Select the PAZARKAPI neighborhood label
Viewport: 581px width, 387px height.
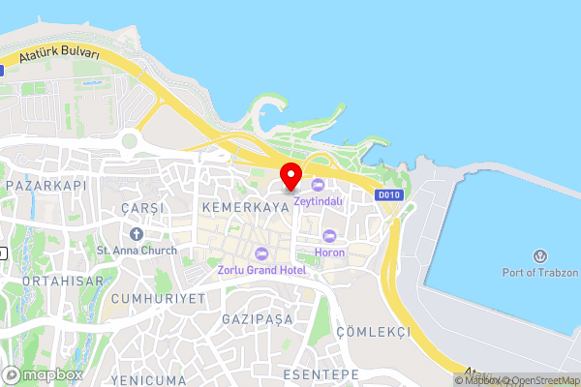coord(46,184)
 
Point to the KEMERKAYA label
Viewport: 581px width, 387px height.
coord(232,207)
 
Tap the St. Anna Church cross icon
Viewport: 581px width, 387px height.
coord(136,234)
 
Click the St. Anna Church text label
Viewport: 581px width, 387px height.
coord(137,251)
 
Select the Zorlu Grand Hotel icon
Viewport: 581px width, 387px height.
coord(260,253)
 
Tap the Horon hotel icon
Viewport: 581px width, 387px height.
coord(329,237)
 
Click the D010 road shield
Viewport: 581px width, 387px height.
coord(389,194)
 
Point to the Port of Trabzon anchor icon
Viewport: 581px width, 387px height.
coord(539,256)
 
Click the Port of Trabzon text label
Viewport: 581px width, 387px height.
coord(539,272)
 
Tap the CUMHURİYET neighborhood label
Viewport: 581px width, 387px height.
coord(158,298)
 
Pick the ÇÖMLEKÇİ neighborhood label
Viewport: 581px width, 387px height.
coord(373,332)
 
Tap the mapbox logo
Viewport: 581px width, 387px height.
coord(43,374)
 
